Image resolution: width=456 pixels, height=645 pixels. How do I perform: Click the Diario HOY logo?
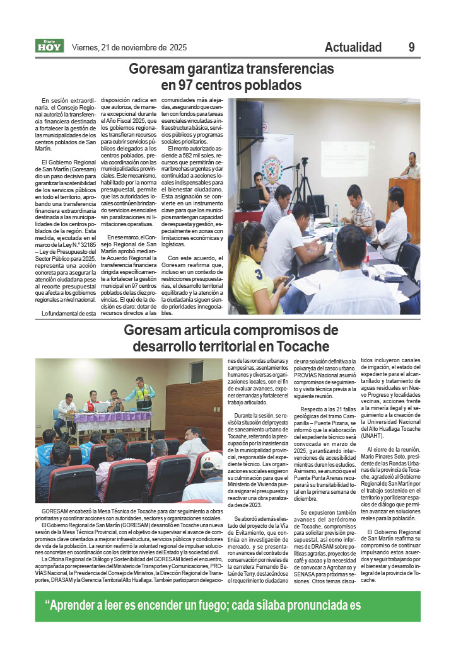point(50,46)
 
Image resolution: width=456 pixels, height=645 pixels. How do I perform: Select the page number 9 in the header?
point(411,47)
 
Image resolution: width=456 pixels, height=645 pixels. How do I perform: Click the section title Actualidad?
point(353,47)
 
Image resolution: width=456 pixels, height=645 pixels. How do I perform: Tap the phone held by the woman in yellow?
point(288,280)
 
